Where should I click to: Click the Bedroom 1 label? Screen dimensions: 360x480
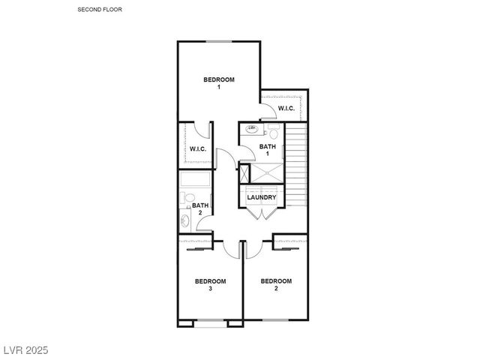tap(219, 83)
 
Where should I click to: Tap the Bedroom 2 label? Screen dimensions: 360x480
tap(275, 284)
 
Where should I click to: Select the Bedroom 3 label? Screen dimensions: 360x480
tap(210, 284)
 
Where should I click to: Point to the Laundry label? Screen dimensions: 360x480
tap(262, 197)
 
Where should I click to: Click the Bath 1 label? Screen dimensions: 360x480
tap(268, 150)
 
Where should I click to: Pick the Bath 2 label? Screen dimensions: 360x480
tap(200, 208)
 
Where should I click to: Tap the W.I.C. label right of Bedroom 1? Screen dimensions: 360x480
tap(286, 109)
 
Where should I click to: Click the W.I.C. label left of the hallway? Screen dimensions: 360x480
tap(197, 148)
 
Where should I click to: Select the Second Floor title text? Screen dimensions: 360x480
tap(100, 10)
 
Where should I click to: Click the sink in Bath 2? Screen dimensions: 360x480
tap(185, 221)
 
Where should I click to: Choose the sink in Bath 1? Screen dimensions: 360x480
tap(252, 130)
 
